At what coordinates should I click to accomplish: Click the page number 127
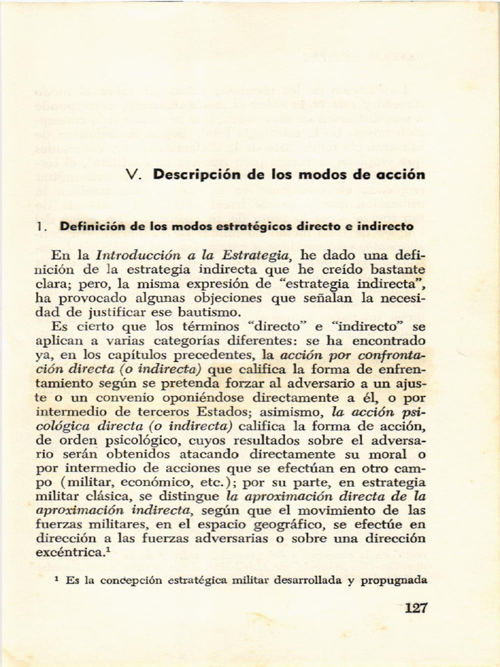[x=415, y=608]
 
